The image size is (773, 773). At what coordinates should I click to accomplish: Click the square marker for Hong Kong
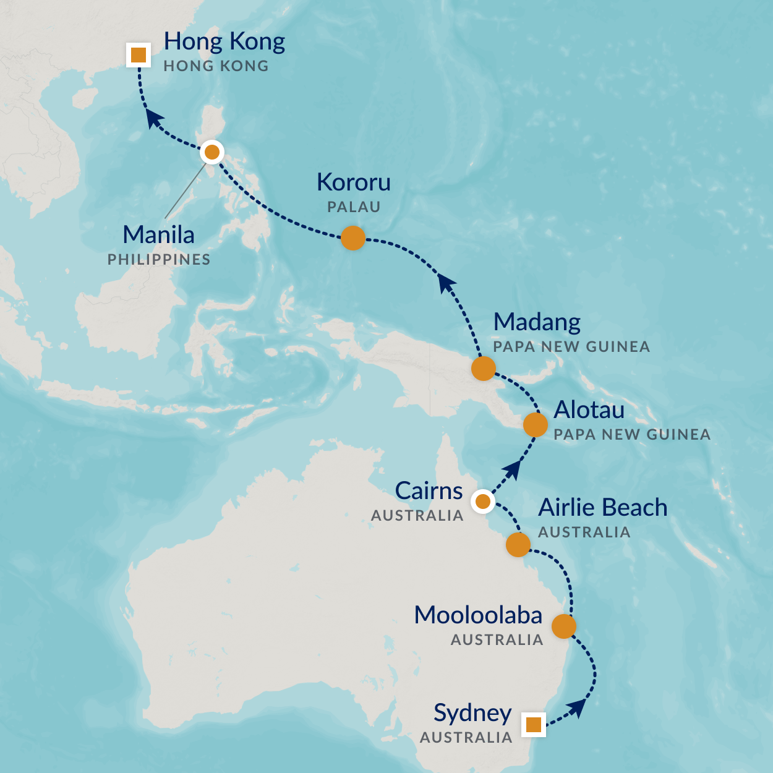[x=139, y=55]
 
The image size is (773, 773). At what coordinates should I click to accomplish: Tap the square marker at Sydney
[x=533, y=724]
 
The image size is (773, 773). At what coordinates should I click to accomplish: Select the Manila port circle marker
[x=212, y=152]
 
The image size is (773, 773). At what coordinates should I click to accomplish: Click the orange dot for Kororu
[x=353, y=237]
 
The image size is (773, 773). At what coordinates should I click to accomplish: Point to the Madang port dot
[x=483, y=369]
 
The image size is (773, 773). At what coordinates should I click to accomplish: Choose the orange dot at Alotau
[x=535, y=425]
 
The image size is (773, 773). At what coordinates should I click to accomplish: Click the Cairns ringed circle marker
[x=482, y=502]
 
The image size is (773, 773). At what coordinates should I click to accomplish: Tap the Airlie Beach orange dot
[x=518, y=545]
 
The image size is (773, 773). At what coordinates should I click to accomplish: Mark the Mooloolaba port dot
[x=563, y=626]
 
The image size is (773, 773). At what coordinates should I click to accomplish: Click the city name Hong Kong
[x=224, y=41]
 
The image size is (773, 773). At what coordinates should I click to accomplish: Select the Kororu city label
[x=353, y=182]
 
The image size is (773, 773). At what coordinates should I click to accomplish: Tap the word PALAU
[x=353, y=207]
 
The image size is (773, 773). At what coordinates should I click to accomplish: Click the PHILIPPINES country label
[x=159, y=260]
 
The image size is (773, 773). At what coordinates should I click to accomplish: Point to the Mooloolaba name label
[x=478, y=615]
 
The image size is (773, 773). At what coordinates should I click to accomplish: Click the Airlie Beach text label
[x=602, y=508]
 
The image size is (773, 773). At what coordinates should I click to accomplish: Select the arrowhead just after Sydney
[x=576, y=707]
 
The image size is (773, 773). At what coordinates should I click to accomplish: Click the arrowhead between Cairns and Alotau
[x=511, y=471]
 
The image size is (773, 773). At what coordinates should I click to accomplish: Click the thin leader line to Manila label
[x=186, y=189]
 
